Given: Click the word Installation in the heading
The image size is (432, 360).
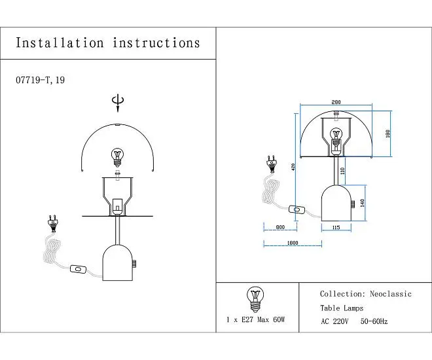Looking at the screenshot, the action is point(60,43).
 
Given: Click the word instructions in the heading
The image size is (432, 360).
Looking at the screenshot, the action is point(156,43).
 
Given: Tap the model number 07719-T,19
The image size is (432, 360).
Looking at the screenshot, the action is point(40,80).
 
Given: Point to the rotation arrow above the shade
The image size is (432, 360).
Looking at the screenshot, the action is point(118,103).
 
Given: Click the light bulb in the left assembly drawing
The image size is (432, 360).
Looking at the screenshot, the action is point(117,157).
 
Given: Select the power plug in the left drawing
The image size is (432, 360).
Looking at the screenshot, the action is point(52,224).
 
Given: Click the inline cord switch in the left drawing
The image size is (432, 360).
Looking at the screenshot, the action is point(78,269).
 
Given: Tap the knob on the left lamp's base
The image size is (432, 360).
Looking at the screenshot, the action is point(134,264).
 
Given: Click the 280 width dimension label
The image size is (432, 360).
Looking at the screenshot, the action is point(336,102).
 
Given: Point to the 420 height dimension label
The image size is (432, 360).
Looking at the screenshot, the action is point(293,167).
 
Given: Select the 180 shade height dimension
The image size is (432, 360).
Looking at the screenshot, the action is point(388,134).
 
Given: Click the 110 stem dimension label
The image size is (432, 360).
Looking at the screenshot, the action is point(342,171).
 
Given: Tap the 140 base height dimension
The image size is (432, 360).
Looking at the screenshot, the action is point(362,203).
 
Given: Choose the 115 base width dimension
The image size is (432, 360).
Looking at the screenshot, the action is point(336,228).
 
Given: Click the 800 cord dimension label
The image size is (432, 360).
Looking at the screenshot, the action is point(280,227).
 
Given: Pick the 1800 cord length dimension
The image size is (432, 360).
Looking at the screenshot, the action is point(293,243).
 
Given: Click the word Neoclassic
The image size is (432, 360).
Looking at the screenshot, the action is point(391,294).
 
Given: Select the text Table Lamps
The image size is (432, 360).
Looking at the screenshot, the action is point(342,308).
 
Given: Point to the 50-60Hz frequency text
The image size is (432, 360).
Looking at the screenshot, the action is point(374,321).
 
